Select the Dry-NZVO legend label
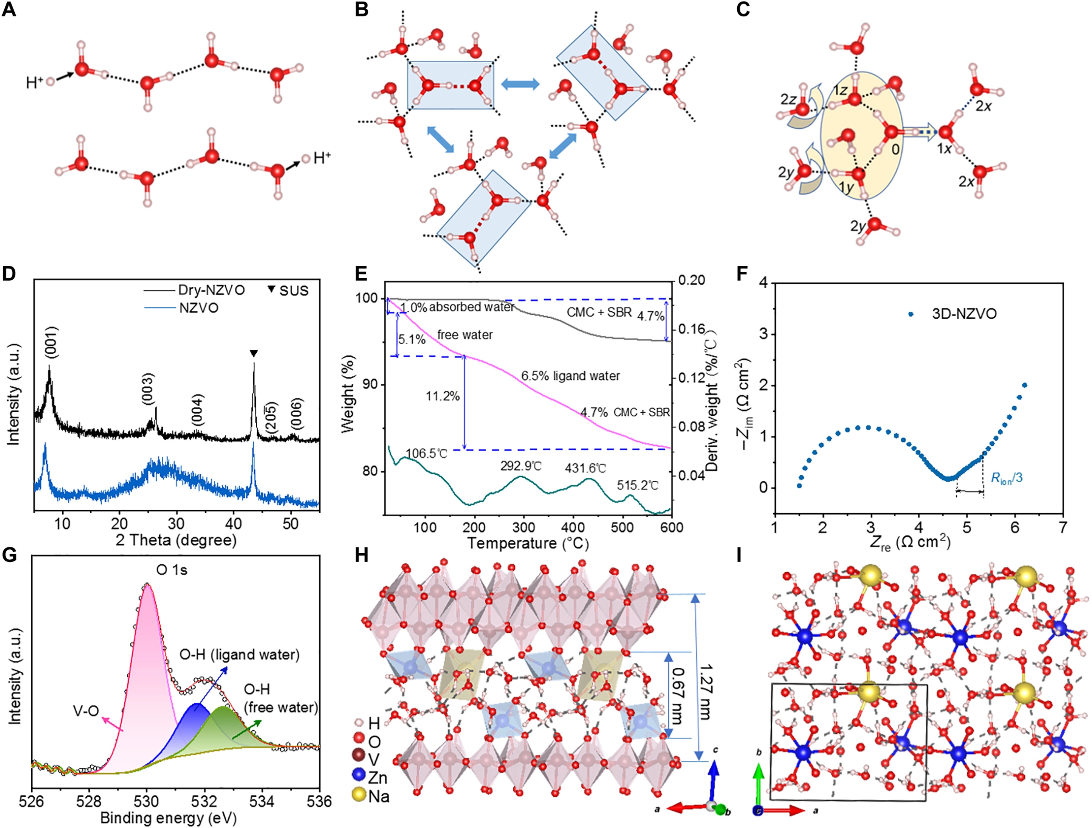[211, 290]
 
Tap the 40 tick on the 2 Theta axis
[233, 524]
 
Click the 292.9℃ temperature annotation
[521, 466]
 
